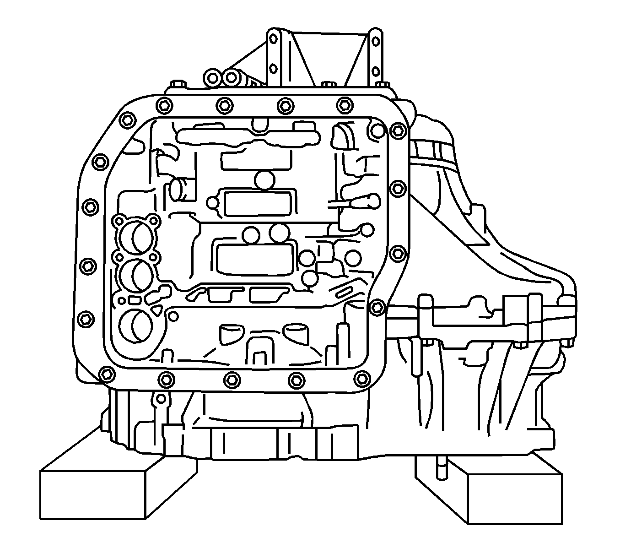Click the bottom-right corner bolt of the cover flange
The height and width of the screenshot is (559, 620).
[362, 378]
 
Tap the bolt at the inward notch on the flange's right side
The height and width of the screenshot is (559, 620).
[377, 307]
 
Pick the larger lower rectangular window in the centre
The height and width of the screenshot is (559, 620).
[254, 259]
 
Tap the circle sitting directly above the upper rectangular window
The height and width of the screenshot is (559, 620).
[264, 179]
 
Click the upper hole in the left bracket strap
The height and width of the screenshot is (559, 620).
[274, 41]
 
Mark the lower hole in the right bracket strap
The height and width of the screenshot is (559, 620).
[375, 71]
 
